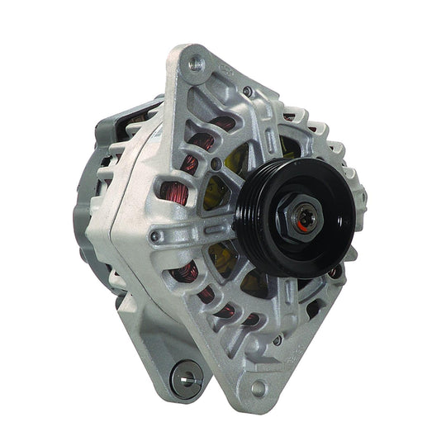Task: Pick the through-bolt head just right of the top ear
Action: (248, 91)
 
